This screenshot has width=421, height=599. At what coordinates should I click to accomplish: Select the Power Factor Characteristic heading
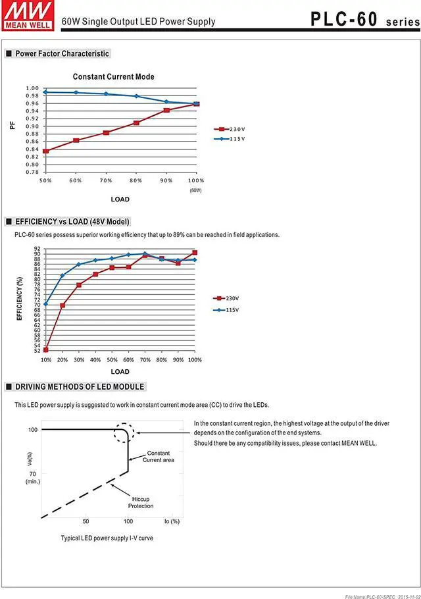(62, 53)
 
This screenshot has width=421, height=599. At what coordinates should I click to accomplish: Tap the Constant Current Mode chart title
(113, 77)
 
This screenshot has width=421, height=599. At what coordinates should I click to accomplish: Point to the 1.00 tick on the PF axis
(32, 88)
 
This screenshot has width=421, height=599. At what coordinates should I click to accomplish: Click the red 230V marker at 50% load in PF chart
(45, 151)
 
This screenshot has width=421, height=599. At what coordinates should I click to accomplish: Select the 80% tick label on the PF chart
(136, 180)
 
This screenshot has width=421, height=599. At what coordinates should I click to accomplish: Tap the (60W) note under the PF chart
(195, 190)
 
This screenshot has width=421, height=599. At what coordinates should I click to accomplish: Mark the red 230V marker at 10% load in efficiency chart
(46, 350)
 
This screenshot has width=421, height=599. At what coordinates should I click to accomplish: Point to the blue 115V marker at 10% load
(46, 304)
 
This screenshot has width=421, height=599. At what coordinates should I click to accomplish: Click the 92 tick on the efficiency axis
(37, 249)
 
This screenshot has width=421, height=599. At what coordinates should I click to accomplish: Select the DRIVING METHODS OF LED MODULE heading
(80, 387)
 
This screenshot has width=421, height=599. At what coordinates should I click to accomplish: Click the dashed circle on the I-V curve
(126, 433)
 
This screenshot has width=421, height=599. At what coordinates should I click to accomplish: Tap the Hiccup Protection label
(141, 502)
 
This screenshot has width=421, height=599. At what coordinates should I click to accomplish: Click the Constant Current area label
(159, 457)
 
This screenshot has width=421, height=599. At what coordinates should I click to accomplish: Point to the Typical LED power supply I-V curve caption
(107, 538)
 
